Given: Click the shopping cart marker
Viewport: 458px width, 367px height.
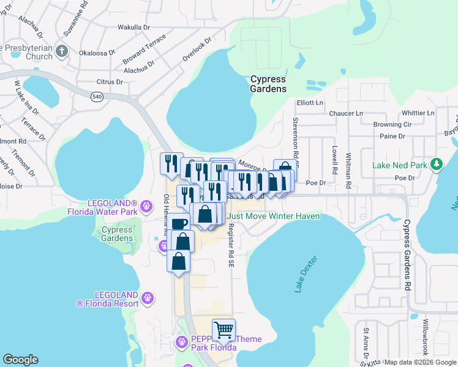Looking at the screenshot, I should click(223, 330).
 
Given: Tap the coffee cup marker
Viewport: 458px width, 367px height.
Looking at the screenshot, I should click(179, 224).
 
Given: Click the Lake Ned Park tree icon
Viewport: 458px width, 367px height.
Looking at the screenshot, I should click(437, 165).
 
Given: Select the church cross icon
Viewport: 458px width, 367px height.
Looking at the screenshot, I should click(62, 51).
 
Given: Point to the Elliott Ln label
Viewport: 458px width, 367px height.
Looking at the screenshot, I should click(309, 103).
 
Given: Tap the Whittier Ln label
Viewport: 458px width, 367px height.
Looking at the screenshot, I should click(418, 113).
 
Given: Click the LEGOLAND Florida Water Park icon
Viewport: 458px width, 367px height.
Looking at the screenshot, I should click(146, 206).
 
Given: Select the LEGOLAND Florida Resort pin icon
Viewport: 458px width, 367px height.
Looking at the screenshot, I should click(147, 298).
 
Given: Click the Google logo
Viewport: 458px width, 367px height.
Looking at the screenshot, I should click(20, 360).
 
